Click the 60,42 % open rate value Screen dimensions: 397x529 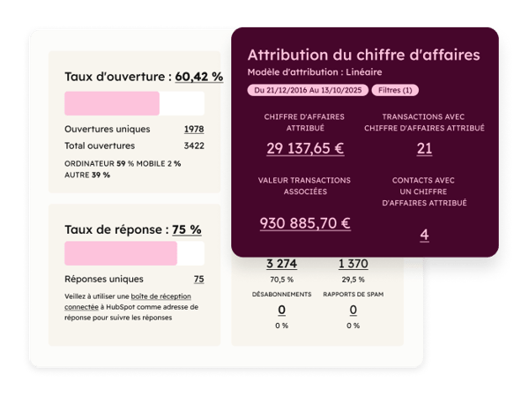click(x=198, y=77)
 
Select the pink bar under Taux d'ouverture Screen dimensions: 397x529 click(x=112, y=103)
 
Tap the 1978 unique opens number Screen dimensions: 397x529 click(x=193, y=129)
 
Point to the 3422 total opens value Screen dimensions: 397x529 click(x=193, y=145)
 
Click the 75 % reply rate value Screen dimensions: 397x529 click(x=186, y=229)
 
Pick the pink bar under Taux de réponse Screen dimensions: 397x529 click(x=121, y=253)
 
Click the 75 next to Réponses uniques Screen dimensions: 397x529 click(x=198, y=279)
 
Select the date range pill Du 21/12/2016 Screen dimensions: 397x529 click(x=308, y=90)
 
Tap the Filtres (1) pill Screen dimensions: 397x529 click(x=395, y=90)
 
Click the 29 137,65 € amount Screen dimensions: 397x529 click(x=306, y=148)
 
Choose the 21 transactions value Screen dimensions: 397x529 click(x=424, y=148)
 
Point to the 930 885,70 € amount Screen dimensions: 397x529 click(x=305, y=223)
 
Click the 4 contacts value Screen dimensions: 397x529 click(x=424, y=235)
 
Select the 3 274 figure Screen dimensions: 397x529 click(x=281, y=263)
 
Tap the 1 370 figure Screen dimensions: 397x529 click(x=353, y=263)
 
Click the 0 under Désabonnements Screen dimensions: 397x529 click(x=281, y=310)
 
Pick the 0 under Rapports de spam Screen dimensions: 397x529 click(x=353, y=310)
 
